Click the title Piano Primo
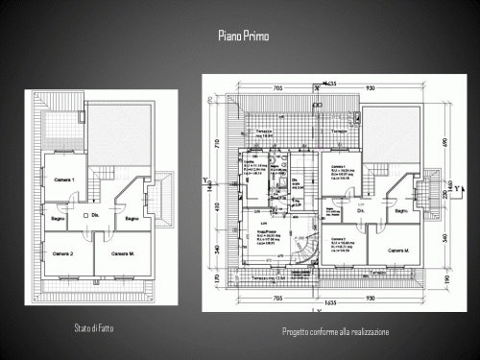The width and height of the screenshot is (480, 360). [244, 36]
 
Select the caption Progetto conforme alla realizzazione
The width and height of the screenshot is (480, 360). [335, 331]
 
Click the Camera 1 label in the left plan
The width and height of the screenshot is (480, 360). [64, 181]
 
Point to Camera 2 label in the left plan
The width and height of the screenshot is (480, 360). [64, 253]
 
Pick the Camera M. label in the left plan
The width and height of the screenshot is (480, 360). [122, 253]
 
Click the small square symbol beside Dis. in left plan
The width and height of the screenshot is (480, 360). [85, 217]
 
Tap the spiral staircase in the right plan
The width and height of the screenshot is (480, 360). [305, 247]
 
